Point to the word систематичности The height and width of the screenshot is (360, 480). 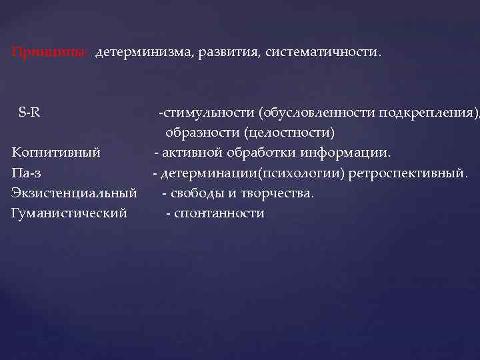324,52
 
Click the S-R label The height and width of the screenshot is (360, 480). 29,111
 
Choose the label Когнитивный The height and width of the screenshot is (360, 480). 56,153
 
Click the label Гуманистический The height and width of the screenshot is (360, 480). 69,213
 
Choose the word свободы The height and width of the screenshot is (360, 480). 194,193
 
